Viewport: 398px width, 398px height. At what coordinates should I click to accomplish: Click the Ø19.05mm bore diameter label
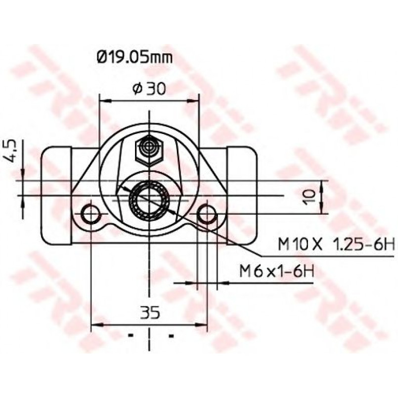(135, 58)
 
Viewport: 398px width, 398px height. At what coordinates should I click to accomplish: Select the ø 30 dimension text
(149, 89)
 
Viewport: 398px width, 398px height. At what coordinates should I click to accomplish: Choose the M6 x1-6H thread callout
(277, 271)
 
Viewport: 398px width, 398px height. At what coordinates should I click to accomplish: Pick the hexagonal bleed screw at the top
(149, 150)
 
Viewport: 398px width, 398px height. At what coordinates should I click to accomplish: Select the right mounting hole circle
(207, 214)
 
